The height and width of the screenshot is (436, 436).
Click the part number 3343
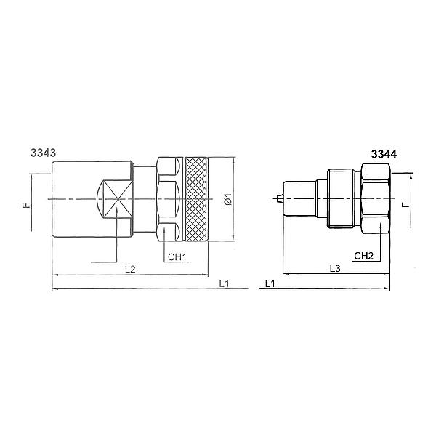pos(44,153)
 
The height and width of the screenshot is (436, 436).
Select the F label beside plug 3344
pos(406,204)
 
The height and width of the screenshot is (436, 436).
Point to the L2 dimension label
pos(130,268)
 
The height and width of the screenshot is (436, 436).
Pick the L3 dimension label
pos(335,268)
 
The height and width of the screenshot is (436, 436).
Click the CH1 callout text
pos(177,257)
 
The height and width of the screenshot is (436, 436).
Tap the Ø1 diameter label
pos(227,198)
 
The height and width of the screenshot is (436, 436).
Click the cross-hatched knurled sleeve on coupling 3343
pos(196,198)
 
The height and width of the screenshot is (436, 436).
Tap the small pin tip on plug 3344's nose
pos(279,198)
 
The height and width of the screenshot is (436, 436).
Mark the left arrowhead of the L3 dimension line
pos(284,275)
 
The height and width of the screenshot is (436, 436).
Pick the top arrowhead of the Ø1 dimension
pos(233,158)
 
